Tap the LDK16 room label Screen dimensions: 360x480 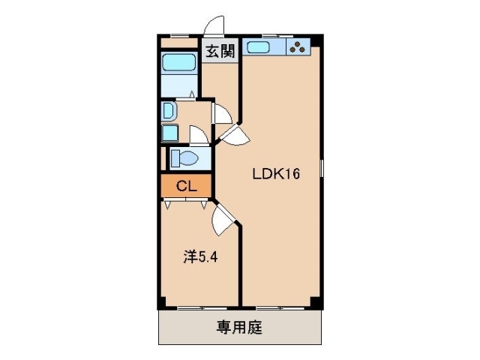[x=276, y=175]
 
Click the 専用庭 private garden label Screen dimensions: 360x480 [x=240, y=327]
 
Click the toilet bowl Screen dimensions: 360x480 [x=184, y=159]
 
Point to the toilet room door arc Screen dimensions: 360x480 [x=199, y=136]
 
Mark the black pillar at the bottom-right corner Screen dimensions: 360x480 [x=316, y=303]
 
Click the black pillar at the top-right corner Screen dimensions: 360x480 [x=318, y=38]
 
